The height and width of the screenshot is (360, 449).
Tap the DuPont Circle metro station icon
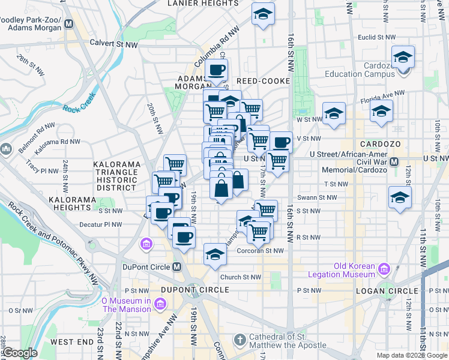pos(177,266)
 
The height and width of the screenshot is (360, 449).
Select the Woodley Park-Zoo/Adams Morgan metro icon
pos(68,25)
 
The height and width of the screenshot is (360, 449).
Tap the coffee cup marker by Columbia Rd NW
pos(216,70)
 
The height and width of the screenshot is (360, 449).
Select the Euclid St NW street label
pos(374,37)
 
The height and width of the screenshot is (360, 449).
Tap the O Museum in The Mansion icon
pos(160,305)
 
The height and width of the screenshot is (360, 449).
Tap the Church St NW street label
pos(240,277)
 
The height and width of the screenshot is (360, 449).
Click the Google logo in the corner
pos(19,353)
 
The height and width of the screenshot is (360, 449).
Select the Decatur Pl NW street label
pos(101,225)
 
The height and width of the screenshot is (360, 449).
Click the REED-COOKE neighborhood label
pos(263,80)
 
